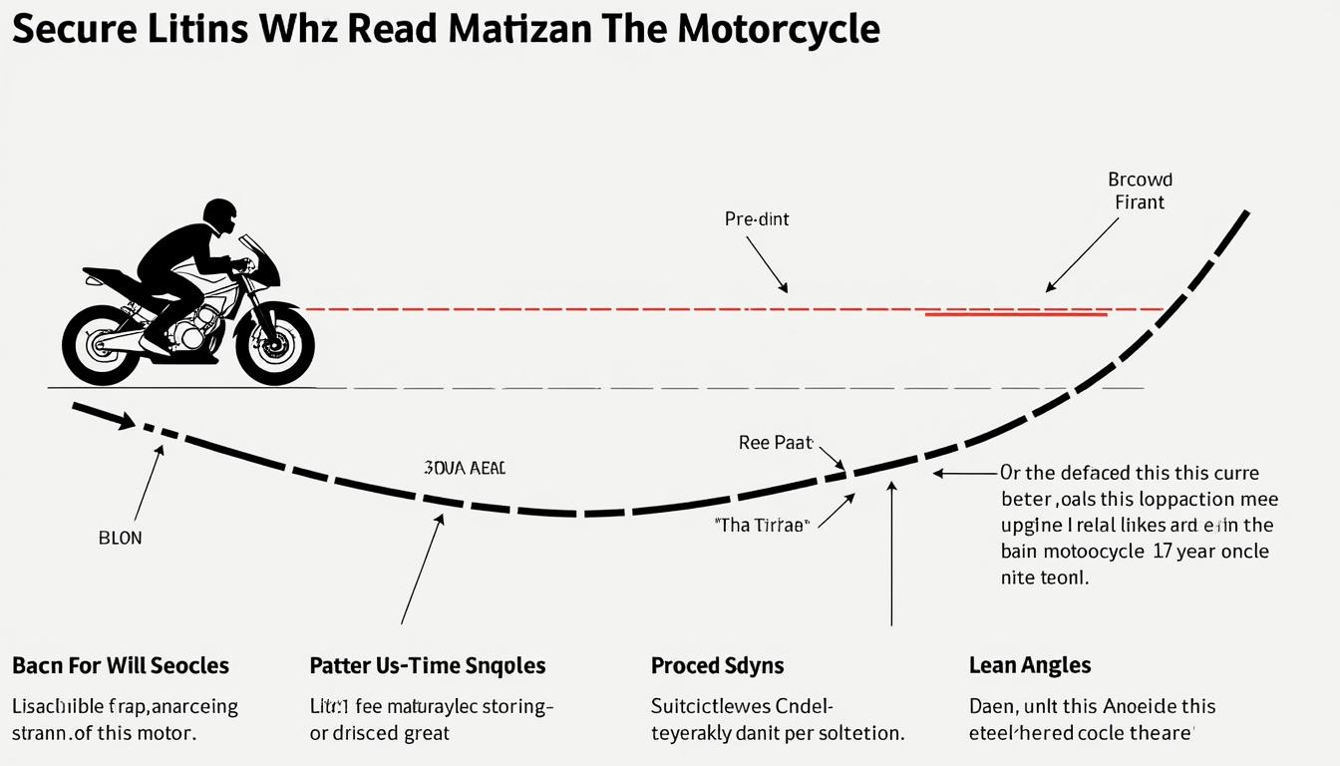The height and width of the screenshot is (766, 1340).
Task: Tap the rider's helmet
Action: point(219,215)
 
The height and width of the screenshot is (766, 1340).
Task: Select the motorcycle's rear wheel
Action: point(101,345)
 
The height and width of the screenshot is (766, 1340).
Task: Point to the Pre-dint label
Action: point(757,218)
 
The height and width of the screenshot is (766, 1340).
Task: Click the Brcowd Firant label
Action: point(1140,191)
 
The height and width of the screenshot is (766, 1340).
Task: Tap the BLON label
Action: point(121,538)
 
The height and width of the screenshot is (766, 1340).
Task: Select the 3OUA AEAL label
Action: point(465,468)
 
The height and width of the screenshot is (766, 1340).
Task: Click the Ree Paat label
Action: point(776,442)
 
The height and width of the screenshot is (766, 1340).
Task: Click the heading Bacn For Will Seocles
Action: point(121,665)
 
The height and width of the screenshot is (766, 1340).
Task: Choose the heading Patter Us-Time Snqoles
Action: point(428,665)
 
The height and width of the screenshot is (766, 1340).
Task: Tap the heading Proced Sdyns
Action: point(717,665)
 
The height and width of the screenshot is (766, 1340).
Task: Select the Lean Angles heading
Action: point(1030,665)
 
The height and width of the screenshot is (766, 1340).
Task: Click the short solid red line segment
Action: point(1017,314)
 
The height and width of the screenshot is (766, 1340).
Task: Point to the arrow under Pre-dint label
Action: point(766,264)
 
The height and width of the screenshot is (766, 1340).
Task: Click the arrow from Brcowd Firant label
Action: point(1082,255)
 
